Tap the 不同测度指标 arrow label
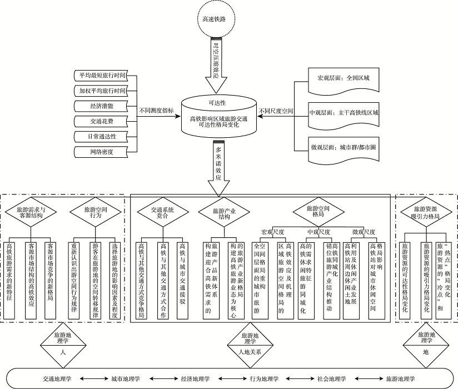click(156, 111)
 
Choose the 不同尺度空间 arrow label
click(276, 111)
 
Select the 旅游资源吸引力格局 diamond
click(425, 212)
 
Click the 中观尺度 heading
click(319, 231)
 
